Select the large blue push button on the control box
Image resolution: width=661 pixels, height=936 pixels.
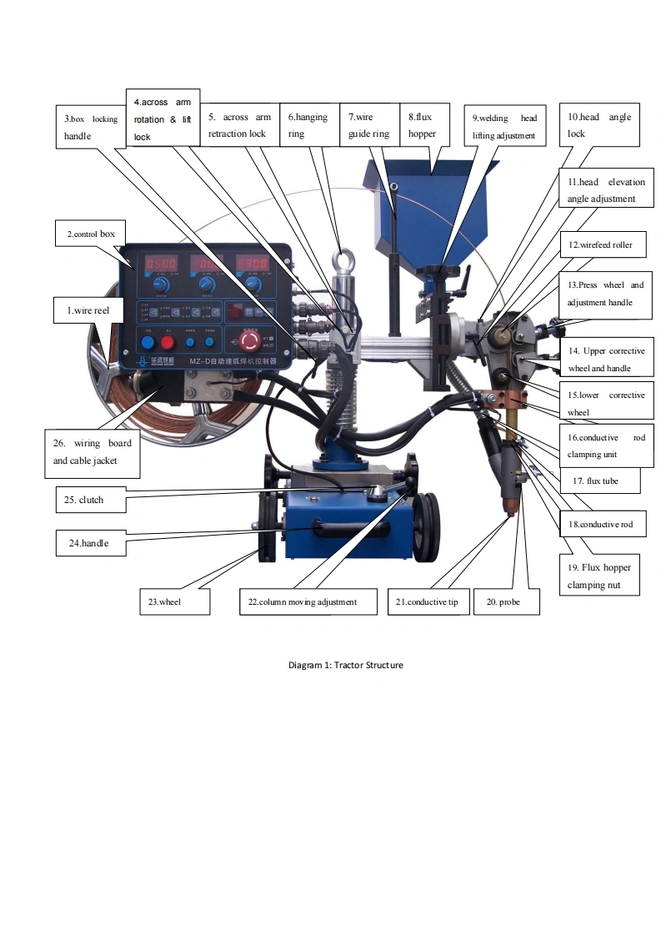point(148,342)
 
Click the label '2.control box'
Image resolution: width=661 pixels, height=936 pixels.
point(92,234)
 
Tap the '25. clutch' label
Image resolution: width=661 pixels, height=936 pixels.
point(92,501)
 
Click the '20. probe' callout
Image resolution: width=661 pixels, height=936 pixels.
point(506,601)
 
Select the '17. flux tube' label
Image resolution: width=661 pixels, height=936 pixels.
point(595,481)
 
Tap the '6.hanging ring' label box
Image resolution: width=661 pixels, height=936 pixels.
point(308,125)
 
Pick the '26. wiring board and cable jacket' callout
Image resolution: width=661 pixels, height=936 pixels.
point(93,452)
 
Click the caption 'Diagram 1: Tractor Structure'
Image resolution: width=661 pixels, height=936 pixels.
point(345,665)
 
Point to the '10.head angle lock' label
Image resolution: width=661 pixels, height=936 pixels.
point(599,125)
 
